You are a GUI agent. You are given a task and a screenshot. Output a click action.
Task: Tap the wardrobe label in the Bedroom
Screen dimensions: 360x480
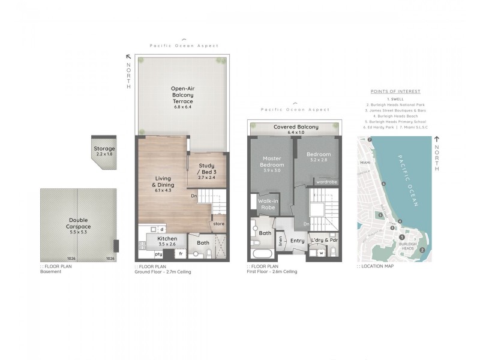point(326,181)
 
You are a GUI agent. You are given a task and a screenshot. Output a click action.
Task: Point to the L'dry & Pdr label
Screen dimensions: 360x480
point(325,241)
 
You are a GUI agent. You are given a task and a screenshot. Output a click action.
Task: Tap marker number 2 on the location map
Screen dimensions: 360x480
point(422,250)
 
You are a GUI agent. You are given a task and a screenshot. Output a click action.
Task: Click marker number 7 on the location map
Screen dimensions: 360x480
point(370,140)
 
